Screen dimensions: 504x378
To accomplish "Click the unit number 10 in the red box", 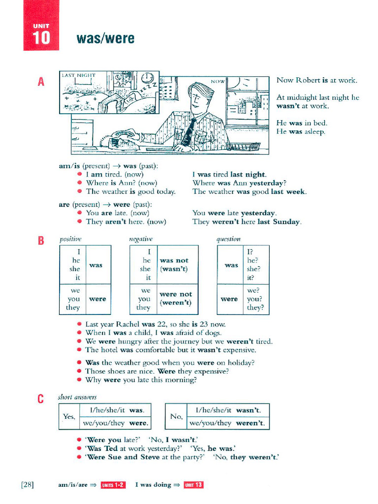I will [x=41, y=38].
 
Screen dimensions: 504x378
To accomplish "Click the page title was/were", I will [x=105, y=38].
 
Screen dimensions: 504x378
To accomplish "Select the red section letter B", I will [x=41, y=241].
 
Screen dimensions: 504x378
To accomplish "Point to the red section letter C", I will [x=41, y=399].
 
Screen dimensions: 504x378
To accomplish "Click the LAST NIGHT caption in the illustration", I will [x=78, y=75].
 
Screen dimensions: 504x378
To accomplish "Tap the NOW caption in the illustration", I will [x=218, y=81].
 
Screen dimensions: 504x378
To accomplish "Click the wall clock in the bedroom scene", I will [x=147, y=78].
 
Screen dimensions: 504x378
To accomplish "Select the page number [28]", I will [x=28, y=485].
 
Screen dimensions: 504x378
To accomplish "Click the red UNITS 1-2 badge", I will [x=113, y=485].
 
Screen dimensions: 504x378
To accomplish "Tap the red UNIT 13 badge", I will [x=193, y=485].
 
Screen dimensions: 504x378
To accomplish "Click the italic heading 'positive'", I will [x=70, y=239].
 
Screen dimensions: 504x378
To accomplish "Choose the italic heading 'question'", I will [x=228, y=239].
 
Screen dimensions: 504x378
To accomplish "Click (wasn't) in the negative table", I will [x=174, y=269].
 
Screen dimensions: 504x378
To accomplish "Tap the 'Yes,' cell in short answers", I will [x=69, y=416].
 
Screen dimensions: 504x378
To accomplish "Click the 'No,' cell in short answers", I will [x=176, y=416].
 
